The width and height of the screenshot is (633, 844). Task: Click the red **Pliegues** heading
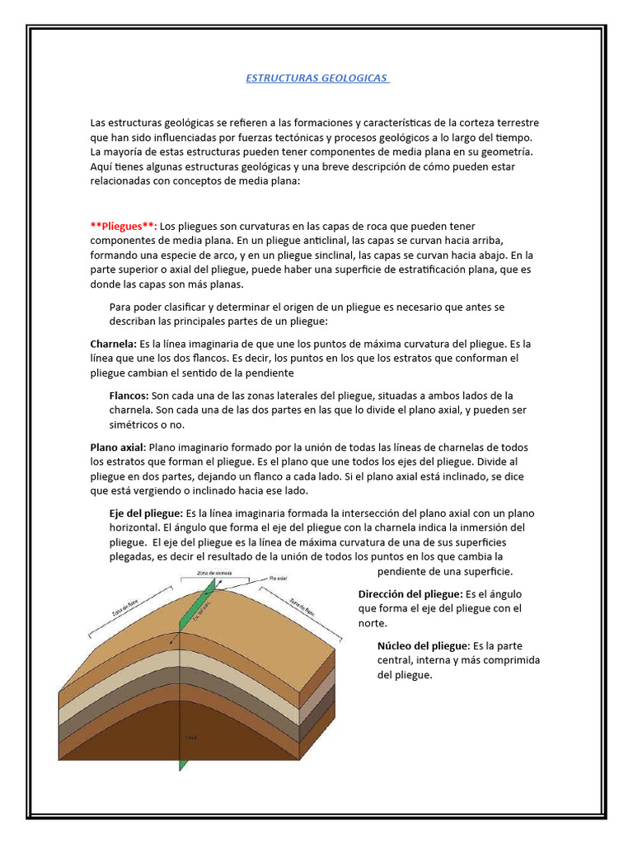[x=123, y=226]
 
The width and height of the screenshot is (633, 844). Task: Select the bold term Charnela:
[x=114, y=344]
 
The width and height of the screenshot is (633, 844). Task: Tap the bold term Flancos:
[x=129, y=395]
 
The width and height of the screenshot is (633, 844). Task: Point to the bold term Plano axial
[x=117, y=447]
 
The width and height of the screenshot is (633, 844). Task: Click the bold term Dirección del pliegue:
[x=410, y=593]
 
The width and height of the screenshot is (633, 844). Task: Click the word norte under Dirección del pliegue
[x=373, y=623]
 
